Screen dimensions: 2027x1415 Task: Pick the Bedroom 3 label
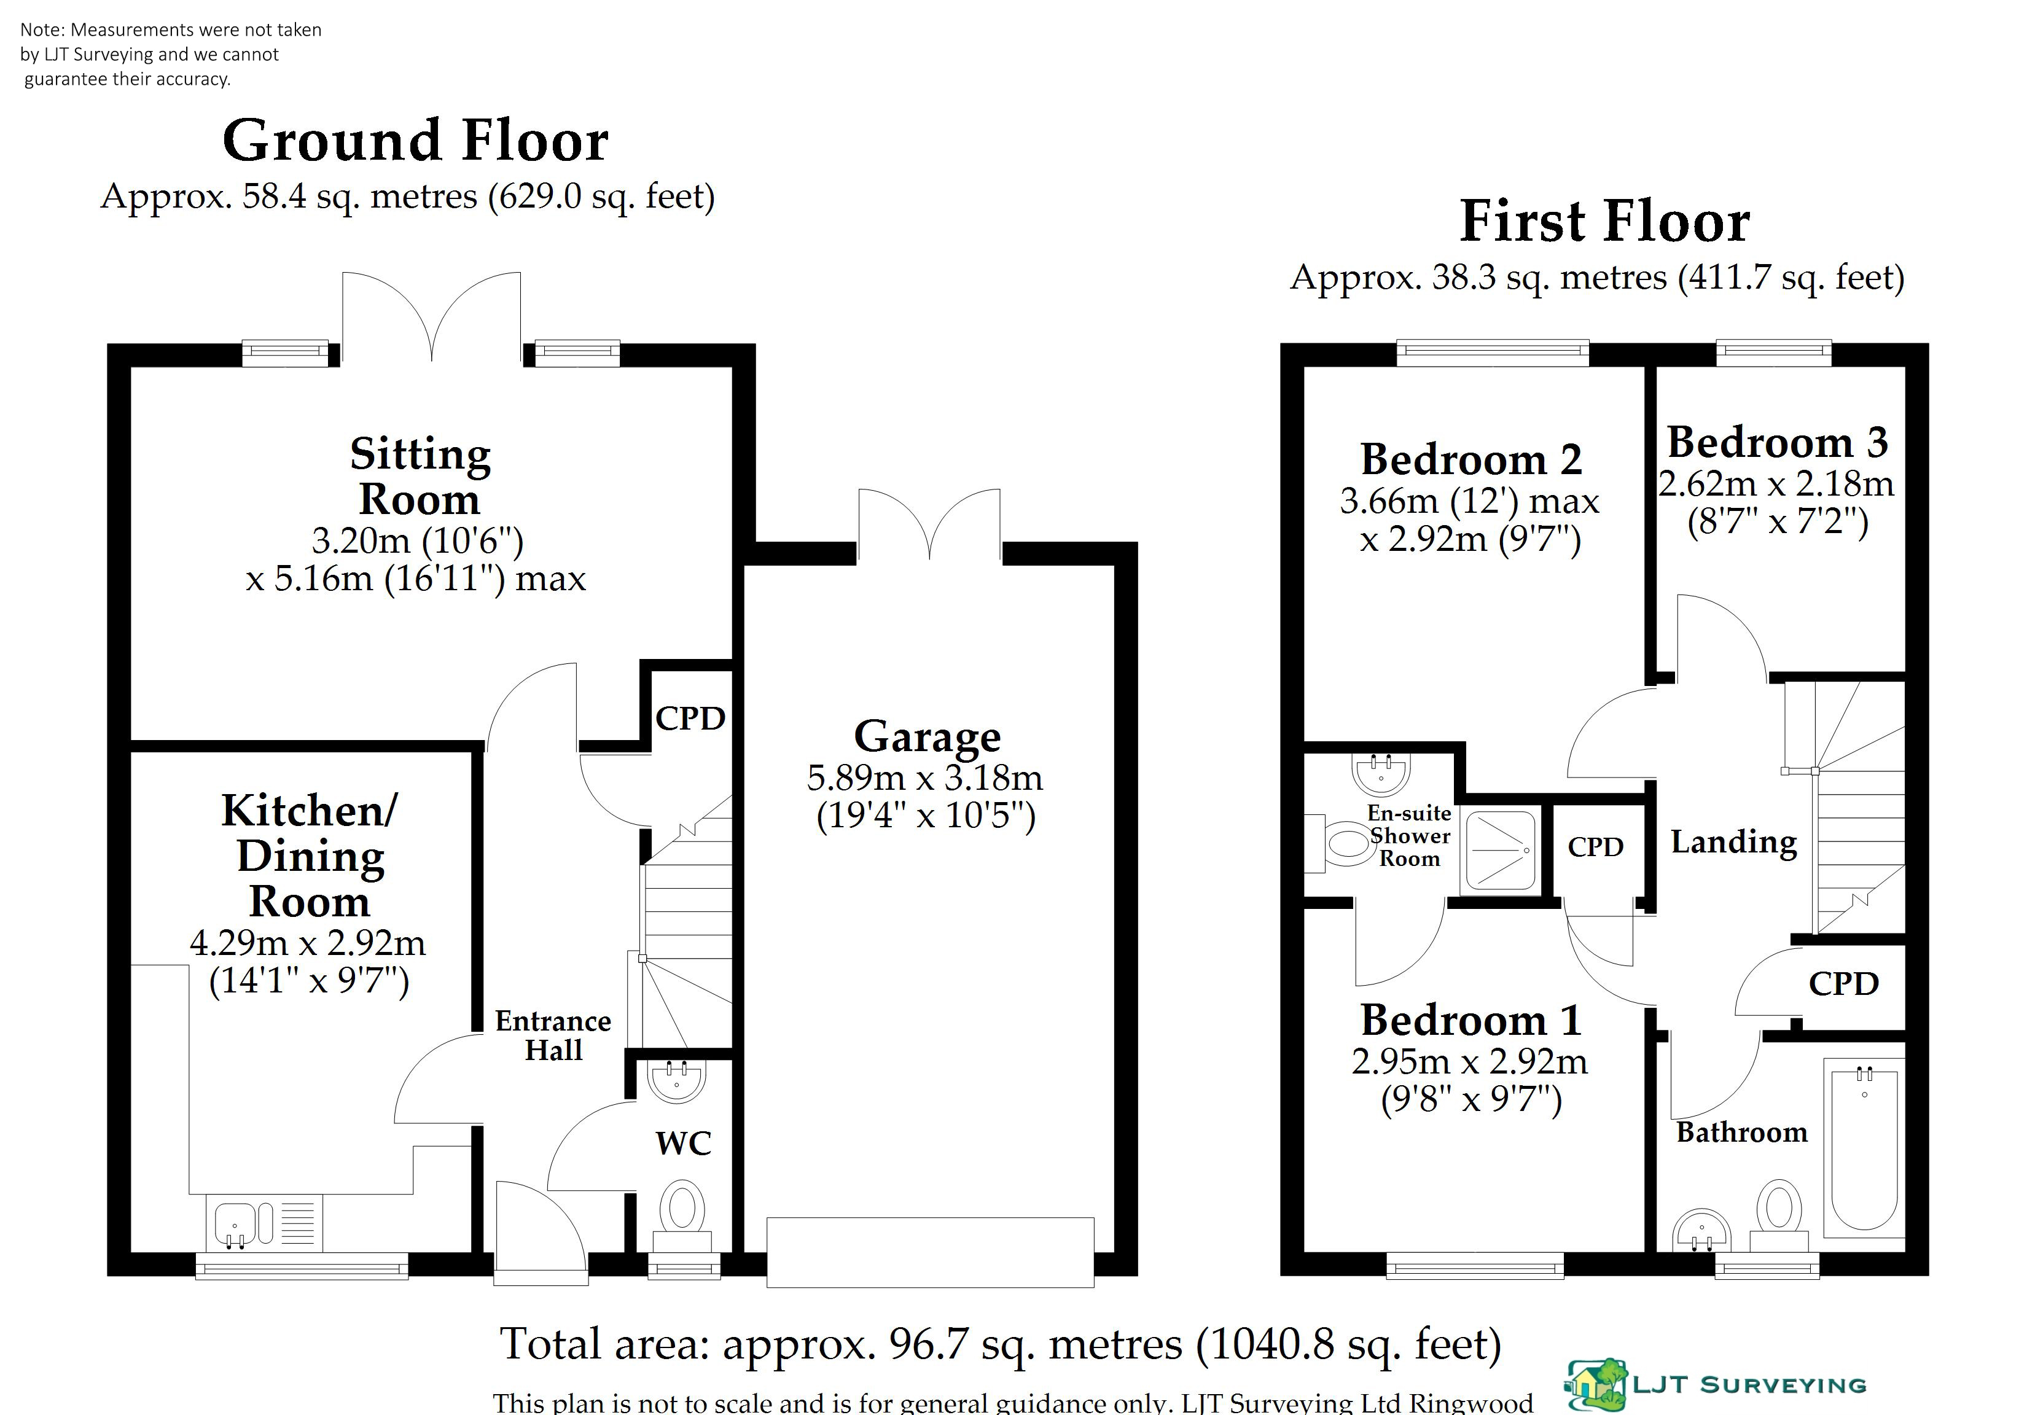1777,442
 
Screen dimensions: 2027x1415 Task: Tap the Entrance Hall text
553,1035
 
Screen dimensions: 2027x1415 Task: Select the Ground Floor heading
416,141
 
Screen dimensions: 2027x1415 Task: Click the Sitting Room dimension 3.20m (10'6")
418,540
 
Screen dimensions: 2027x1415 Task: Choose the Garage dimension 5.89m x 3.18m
925,778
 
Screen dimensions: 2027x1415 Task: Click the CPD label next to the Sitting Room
690,719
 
